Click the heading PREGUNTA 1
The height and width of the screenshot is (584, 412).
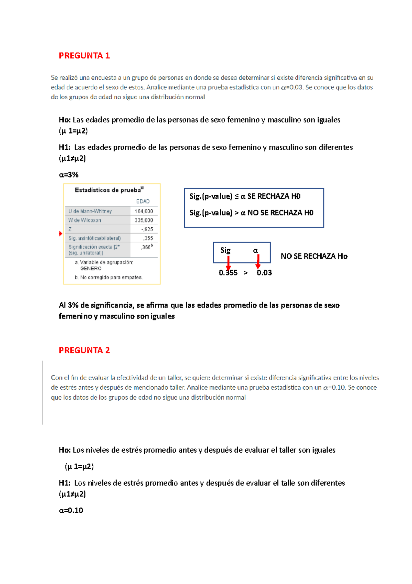pos(84,56)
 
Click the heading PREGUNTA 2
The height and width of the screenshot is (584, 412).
pos(84,350)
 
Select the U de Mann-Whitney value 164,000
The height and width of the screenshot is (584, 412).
pos(144,211)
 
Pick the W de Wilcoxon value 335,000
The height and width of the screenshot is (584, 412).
pos(144,220)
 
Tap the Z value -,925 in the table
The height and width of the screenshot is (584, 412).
pos(147,229)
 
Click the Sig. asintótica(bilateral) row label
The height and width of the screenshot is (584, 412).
pos(94,238)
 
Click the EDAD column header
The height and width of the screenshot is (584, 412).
pos(143,202)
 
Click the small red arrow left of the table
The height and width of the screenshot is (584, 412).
pos(61,234)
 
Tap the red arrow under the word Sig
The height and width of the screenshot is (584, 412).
pos(228,263)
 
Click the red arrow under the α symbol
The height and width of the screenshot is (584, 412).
pos(258,262)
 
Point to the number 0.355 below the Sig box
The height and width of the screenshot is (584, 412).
pos(228,273)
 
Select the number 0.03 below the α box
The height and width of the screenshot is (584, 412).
pos(264,273)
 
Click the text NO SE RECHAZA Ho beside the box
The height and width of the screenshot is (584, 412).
pos(314,256)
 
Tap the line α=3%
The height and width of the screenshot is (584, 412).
pos(69,175)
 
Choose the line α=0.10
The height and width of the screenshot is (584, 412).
pos(71,510)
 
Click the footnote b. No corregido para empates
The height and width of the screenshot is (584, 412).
pos(108,277)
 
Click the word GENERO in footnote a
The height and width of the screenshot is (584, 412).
pos(91,268)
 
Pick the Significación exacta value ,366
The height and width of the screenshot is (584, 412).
pos(147,247)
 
